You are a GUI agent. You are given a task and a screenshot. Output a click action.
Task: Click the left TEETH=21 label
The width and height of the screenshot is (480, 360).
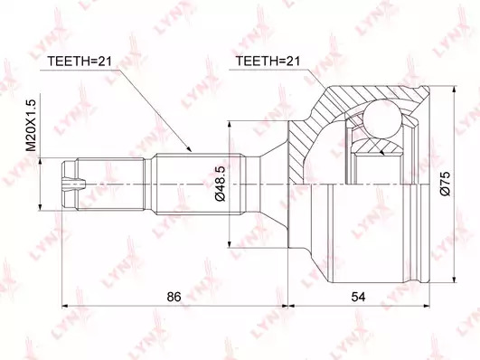tap(79, 62)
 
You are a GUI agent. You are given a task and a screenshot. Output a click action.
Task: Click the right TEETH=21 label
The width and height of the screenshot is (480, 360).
tap(268, 62)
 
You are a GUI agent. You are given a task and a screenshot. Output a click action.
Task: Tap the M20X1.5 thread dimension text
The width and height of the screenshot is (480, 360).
tap(32, 126)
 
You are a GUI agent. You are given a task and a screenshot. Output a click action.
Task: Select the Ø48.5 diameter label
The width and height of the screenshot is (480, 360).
tap(221, 184)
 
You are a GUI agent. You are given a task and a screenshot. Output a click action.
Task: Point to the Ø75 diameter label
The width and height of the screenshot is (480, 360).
tap(445, 184)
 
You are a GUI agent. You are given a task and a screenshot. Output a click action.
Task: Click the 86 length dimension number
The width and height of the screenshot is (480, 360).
tap(174, 297)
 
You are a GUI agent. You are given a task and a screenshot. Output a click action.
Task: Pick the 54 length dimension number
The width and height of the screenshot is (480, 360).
tap(358, 297)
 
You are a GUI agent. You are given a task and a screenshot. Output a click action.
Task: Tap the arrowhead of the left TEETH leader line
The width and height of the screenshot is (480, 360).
tap(189, 149)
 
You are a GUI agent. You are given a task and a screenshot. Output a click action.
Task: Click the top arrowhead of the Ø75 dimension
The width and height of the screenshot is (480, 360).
tap(455, 90)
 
